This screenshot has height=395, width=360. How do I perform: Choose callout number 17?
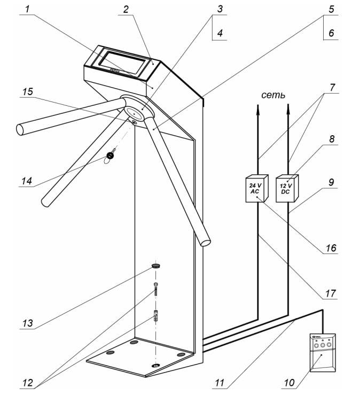(x=331, y=293)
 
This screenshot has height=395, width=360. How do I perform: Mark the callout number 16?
(x=331, y=248)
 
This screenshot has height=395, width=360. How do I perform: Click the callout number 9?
(x=331, y=182)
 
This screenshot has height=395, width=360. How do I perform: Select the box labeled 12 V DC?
(x=287, y=189)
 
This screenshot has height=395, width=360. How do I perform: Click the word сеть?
(x=273, y=95)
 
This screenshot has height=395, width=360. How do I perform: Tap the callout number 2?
(x=124, y=10)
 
